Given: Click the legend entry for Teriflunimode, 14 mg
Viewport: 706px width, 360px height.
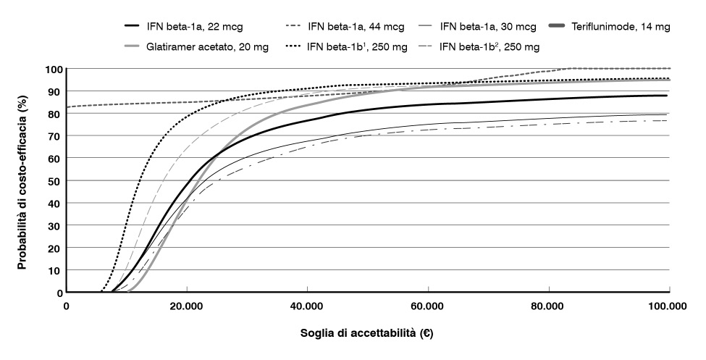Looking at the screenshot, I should (630, 27).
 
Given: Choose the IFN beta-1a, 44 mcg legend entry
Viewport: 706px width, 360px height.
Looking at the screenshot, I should (347, 27).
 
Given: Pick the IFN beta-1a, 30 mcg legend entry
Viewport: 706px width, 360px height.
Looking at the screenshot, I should (489, 27).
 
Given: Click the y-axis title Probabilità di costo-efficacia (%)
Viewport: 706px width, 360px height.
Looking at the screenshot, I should (22, 181).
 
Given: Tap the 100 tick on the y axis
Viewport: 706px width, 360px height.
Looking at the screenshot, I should (51, 70).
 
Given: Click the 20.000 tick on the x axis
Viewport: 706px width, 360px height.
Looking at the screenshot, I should (186, 306).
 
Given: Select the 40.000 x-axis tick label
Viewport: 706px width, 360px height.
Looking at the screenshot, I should (307, 306).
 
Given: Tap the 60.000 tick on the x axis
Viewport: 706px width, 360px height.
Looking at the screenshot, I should (427, 306).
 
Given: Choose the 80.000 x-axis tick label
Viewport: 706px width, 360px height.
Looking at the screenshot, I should (548, 306).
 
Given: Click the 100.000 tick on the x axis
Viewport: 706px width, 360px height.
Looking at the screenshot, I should (666, 306).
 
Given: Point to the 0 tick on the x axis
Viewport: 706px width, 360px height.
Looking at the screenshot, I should (67, 306).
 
